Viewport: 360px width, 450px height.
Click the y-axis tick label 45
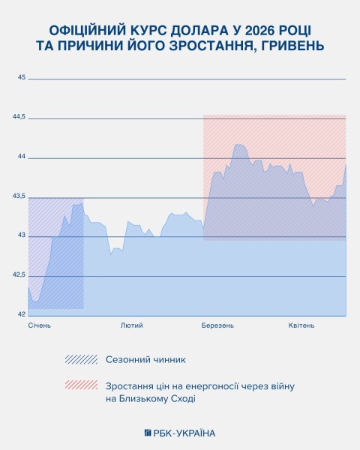pyautogui.click(x=22, y=78)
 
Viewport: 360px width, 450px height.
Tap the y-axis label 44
pyautogui.click(x=22, y=157)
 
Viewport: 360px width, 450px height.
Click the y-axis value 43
pyautogui.click(x=22, y=235)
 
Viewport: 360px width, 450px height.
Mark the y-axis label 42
pyautogui.click(x=22, y=314)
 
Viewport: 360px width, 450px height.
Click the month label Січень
pyautogui.click(x=40, y=325)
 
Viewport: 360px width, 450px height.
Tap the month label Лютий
pyautogui.click(x=131, y=325)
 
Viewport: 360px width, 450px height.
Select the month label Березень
pyautogui.click(x=217, y=325)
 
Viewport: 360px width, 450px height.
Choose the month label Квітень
pyautogui.click(x=301, y=325)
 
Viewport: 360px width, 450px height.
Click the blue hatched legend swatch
pyautogui.click(x=81, y=359)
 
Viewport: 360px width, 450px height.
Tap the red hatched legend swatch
pyautogui.click(x=81, y=385)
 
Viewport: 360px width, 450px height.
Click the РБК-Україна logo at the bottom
pyautogui.click(x=179, y=433)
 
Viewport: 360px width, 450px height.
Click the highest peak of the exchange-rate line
pyautogui.click(x=238, y=144)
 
